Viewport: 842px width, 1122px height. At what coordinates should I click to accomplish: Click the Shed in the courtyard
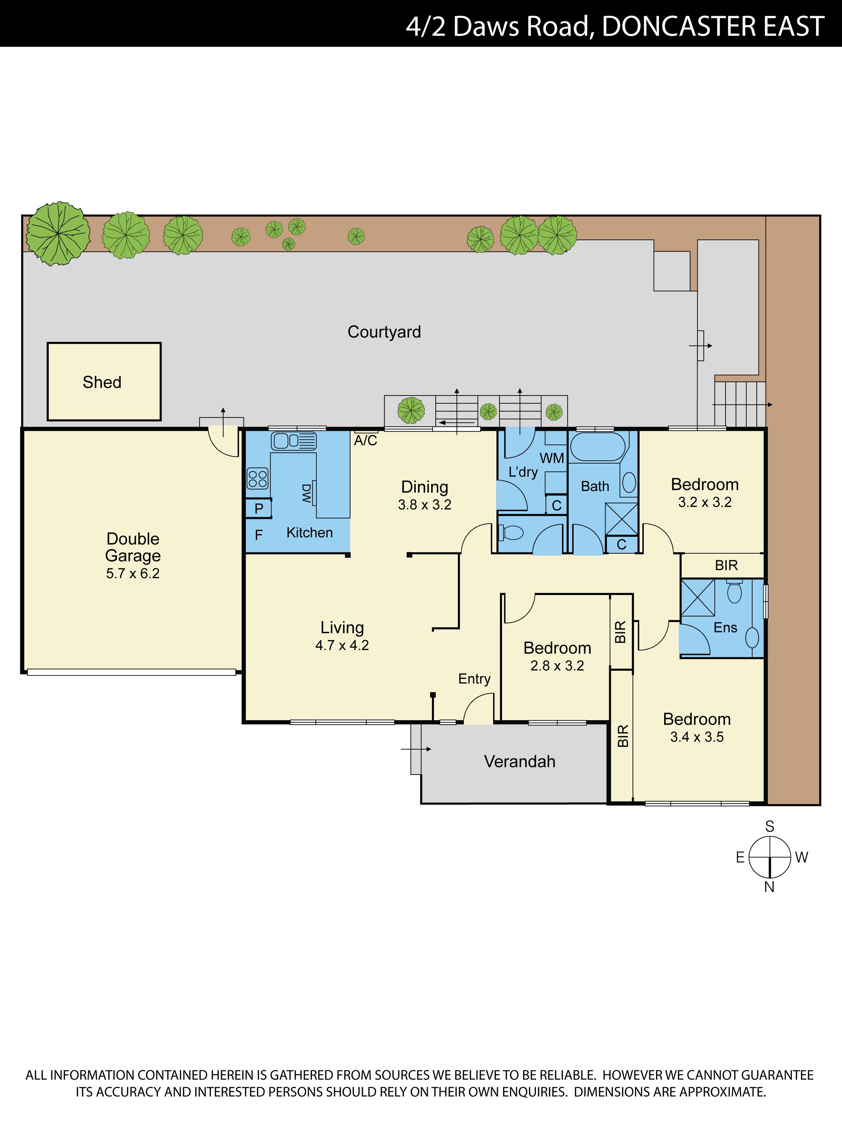(x=104, y=381)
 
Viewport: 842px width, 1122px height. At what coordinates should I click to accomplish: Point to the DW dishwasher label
(x=306, y=493)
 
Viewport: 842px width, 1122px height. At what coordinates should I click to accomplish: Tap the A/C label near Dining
(x=366, y=440)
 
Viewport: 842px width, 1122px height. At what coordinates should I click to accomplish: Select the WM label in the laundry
(x=552, y=458)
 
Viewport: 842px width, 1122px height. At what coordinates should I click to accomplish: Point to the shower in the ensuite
(x=698, y=597)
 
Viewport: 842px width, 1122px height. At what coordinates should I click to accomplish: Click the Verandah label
(x=520, y=761)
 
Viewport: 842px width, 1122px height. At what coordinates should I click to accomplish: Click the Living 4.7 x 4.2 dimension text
(x=342, y=645)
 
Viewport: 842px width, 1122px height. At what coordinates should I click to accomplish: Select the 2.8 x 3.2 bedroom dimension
(x=557, y=665)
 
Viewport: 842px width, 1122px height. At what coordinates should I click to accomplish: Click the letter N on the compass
(x=769, y=887)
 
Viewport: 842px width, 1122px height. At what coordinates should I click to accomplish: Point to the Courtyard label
(x=384, y=332)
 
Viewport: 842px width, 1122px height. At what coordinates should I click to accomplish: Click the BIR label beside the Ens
(x=726, y=565)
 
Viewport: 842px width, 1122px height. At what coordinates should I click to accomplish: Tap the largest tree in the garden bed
(x=58, y=233)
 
